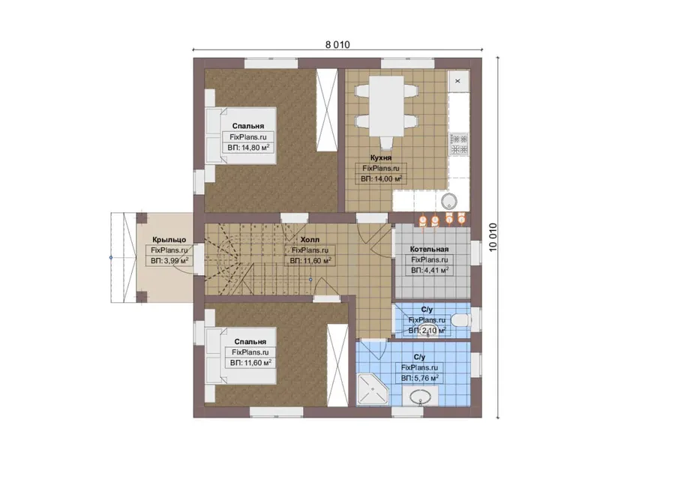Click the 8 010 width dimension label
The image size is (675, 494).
point(337,44)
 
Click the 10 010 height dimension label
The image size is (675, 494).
point(493,237)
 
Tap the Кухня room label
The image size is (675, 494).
point(380,157)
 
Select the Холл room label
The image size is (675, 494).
point(310,239)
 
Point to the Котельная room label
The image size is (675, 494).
point(429,249)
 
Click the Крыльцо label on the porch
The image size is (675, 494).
point(169,240)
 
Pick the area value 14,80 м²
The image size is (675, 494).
point(248,148)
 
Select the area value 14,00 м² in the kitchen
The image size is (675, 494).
point(382,178)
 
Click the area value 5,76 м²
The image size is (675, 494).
point(420,379)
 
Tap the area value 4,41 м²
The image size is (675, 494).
point(430,270)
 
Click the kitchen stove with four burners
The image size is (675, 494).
point(459,145)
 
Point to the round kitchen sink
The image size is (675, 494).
point(449,201)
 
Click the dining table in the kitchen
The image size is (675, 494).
point(386,106)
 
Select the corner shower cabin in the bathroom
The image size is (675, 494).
point(373,390)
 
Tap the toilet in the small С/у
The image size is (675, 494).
point(460,320)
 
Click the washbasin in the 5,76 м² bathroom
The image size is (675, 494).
point(420,397)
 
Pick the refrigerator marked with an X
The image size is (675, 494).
point(458,81)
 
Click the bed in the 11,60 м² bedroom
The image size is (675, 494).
point(241,355)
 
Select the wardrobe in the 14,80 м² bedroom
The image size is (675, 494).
point(327,109)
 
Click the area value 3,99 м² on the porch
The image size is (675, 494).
point(169,261)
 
